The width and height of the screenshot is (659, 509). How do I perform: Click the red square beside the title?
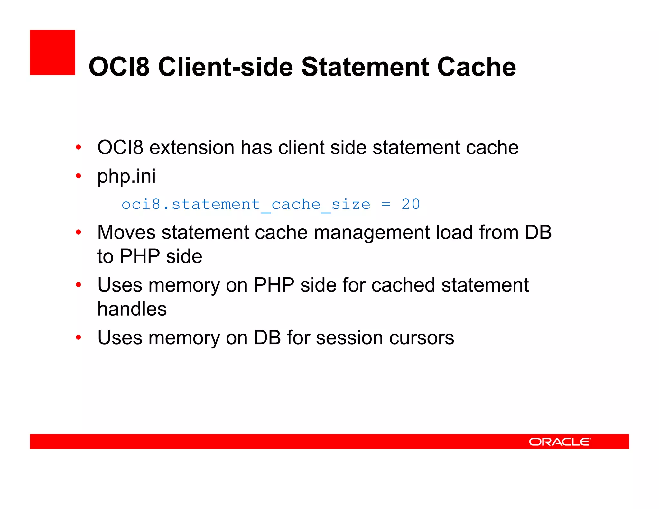[x=52, y=52]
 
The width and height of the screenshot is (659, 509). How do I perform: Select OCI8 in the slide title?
[x=119, y=67]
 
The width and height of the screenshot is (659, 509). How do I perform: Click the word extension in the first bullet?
[x=192, y=148]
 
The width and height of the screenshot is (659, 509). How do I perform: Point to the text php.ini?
[x=126, y=176]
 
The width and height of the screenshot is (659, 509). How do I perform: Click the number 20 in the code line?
[x=410, y=204]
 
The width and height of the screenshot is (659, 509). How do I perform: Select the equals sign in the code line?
[x=385, y=205]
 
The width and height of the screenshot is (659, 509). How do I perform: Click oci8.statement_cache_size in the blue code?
[x=246, y=205]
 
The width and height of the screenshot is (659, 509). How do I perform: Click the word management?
[x=371, y=233]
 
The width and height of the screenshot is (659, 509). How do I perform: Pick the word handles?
[x=132, y=309]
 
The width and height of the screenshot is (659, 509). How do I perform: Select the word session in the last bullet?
[x=349, y=338]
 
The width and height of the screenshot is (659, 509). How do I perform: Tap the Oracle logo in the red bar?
[x=559, y=442]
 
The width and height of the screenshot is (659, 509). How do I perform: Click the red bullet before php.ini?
[x=79, y=176]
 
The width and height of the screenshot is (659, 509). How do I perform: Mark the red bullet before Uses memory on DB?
[x=79, y=338]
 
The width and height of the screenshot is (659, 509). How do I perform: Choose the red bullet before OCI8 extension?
[x=79, y=148]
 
